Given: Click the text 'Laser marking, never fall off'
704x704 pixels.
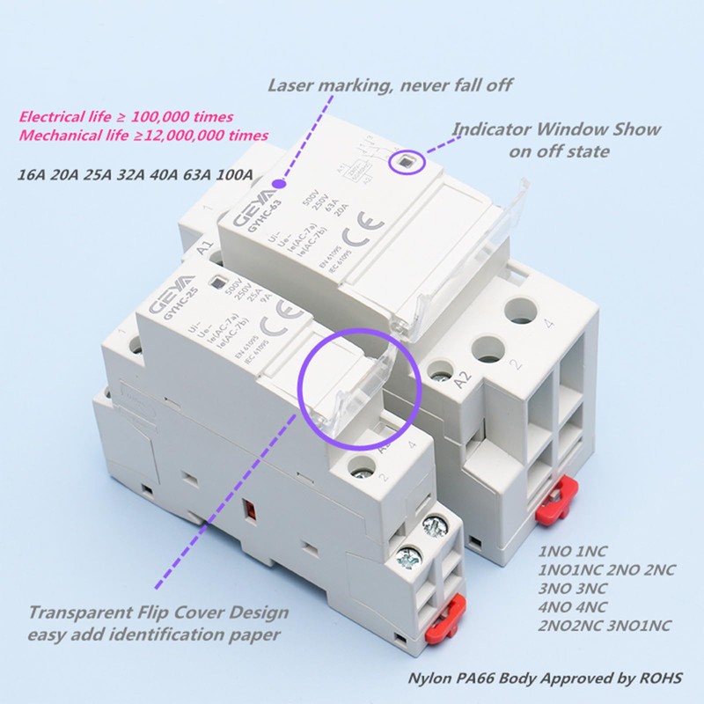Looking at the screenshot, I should pos(390,85).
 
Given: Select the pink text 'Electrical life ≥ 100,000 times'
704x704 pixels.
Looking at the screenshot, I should pos(126,116).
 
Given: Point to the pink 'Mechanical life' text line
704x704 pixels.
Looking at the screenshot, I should pos(143,136).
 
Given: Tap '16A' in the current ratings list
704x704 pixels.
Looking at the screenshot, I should pos(33,174).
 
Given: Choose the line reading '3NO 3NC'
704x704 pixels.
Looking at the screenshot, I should pos(573,588).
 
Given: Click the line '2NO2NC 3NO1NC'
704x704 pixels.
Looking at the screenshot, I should pos(605,626).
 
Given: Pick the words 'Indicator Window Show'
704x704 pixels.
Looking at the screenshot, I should pos(556,129).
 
